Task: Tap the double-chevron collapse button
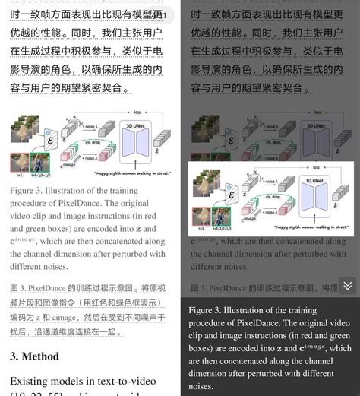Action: pyautogui.click(x=347, y=286)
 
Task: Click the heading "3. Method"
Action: pyautogui.click(x=34, y=356)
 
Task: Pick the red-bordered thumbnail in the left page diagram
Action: pyautogui.click(x=20, y=163)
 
